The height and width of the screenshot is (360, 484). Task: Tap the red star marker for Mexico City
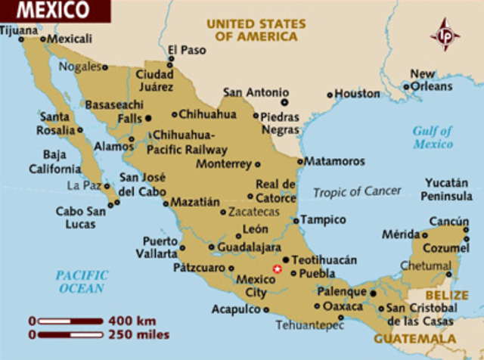[277, 268]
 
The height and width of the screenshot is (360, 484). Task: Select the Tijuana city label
[18, 30]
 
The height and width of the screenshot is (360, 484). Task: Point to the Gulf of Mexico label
[433, 137]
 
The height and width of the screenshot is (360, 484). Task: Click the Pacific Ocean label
[82, 281]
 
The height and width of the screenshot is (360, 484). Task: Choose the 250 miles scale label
[141, 334]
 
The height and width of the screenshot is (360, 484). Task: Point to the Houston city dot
[330, 95]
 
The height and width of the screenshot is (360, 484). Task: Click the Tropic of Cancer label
[357, 191]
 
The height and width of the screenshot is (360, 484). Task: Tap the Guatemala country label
[415, 339]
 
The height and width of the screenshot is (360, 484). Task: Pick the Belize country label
[446, 295]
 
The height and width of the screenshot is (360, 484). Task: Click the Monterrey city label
[223, 163]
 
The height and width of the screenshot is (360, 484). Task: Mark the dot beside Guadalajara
[210, 247]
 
